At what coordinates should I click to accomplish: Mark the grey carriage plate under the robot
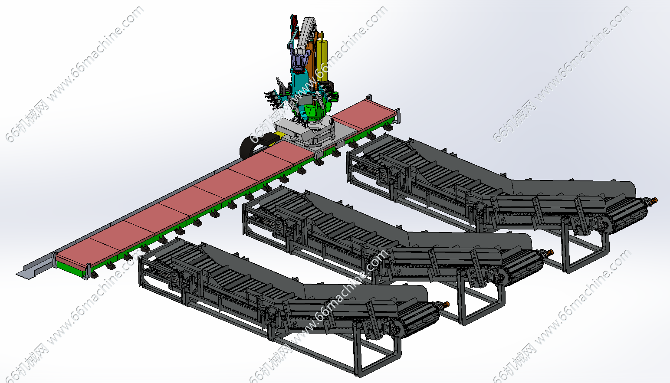(305, 133)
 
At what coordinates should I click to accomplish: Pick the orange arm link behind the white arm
(312, 54)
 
